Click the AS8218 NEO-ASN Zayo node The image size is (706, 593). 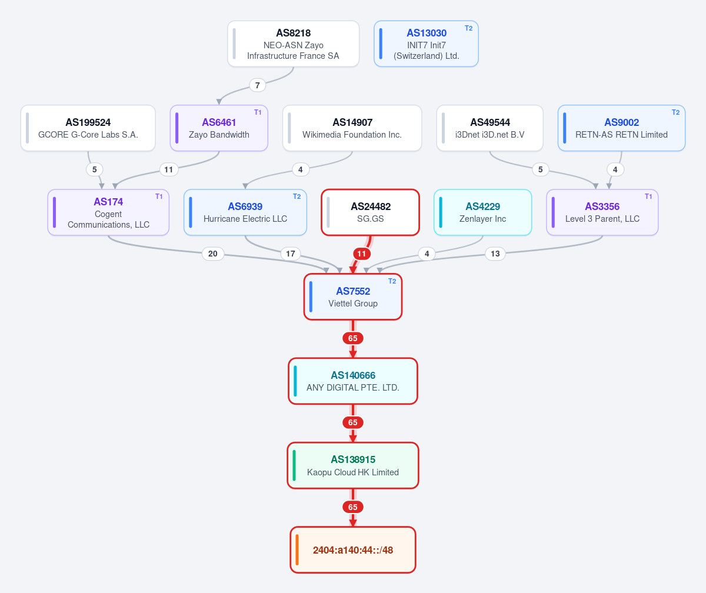pos(293,44)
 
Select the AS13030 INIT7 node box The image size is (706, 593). pos(426,44)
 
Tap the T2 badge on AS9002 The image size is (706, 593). pos(675,112)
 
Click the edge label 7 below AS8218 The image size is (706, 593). pos(257,85)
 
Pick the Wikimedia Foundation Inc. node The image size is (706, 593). pos(352,128)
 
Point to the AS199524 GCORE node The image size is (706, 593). pos(88,128)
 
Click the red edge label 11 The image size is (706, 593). pos(361,254)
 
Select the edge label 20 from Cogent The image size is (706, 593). pos(212,254)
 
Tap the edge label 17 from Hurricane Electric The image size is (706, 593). pos(291,254)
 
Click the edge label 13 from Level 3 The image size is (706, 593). pos(495,254)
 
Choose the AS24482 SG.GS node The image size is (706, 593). pos(370,212)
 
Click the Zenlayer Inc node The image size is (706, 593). pos(482,212)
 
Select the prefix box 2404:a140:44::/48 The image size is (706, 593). pos(352,549)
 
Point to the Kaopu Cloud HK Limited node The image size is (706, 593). pos(352,465)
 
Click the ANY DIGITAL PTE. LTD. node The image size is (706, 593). pos(352,381)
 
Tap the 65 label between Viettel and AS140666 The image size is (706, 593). pos(352,338)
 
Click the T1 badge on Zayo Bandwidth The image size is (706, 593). pos(258,112)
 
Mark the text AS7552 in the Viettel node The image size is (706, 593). pos(353,291)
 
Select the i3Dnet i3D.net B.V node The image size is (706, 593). pos(489,128)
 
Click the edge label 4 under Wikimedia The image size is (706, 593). pos(300,169)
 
